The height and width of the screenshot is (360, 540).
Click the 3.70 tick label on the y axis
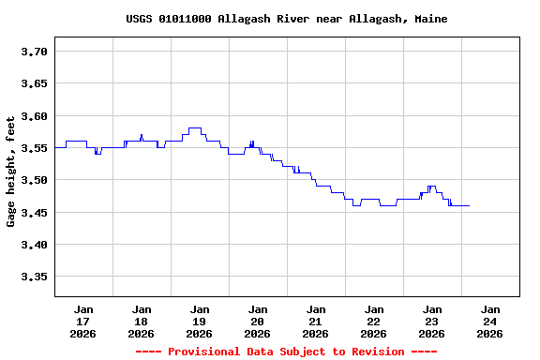35,52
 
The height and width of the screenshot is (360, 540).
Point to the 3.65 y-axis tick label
35,83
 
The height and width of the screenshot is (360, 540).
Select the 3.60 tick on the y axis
35,116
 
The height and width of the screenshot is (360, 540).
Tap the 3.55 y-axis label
35,148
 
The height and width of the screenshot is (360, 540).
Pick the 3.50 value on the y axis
35,180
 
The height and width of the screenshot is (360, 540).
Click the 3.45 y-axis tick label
35,213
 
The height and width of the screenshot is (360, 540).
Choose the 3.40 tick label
35,245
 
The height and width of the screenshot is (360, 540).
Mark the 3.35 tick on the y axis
35,277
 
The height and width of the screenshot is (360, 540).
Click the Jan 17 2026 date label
83,322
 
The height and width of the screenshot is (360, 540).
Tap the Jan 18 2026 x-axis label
142,322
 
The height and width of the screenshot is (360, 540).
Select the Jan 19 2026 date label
200,322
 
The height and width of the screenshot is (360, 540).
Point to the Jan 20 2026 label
258,322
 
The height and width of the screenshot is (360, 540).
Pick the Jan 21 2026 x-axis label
316,322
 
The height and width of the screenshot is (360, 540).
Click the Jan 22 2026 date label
374,322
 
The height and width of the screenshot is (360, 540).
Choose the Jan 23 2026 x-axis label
432,322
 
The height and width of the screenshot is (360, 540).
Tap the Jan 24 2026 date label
489,322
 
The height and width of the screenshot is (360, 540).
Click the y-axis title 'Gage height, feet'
11,172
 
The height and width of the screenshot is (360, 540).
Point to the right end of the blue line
469,205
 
